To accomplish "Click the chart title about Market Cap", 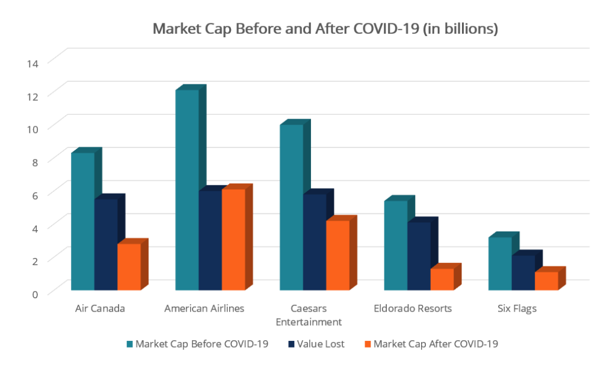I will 325,29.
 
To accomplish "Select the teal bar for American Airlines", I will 186,189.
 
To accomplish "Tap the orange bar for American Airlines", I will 233,239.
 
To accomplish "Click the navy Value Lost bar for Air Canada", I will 105,244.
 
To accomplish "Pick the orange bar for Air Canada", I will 128,266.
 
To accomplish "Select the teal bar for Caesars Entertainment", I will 291,207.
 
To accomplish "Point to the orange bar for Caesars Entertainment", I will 337,255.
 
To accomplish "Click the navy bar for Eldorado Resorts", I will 419,256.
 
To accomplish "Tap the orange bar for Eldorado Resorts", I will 442,279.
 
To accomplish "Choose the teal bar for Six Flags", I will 499,263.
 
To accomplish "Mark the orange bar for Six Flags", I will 546,281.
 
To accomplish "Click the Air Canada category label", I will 100,308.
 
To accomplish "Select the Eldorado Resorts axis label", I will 412,308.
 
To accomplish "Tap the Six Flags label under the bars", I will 517,308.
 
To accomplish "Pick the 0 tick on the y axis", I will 35,293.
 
